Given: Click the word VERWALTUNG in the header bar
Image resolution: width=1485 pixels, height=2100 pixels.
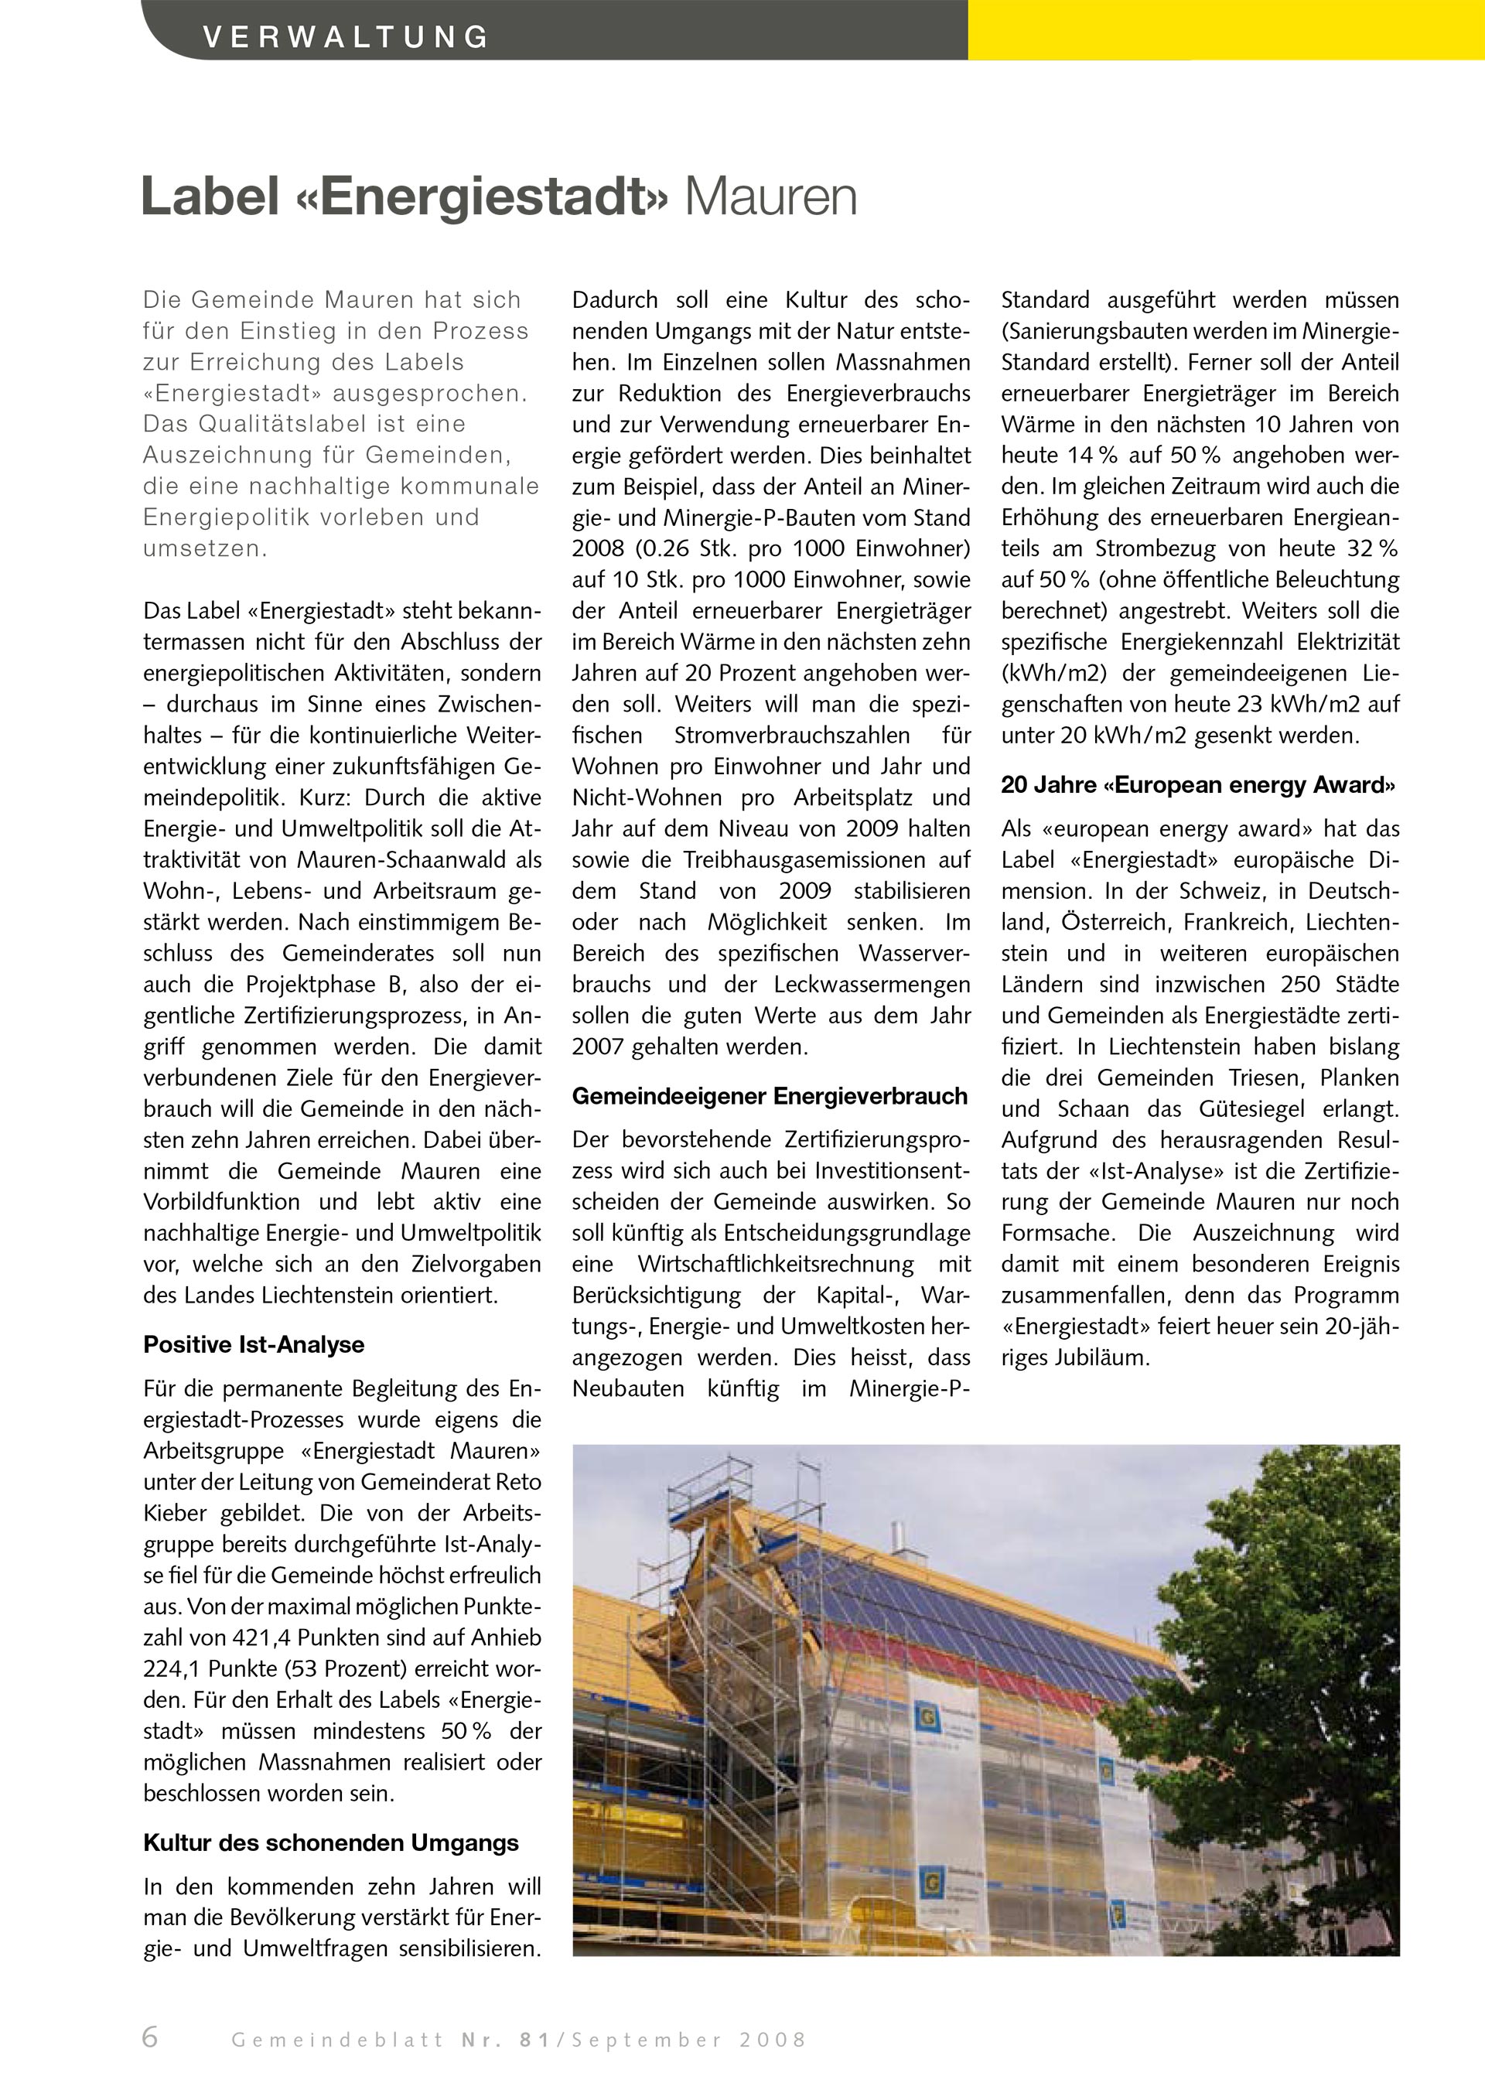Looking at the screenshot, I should coord(346,36).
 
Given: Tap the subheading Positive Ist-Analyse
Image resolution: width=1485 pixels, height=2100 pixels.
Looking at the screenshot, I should coord(253,1344).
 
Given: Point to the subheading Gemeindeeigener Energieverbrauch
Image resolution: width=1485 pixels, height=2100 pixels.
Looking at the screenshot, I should coord(769,1096).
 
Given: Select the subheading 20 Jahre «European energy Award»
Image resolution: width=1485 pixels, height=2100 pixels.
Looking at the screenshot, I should coord(1199,785).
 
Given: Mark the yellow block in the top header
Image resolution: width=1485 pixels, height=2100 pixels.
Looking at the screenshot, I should coord(1225,29).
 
